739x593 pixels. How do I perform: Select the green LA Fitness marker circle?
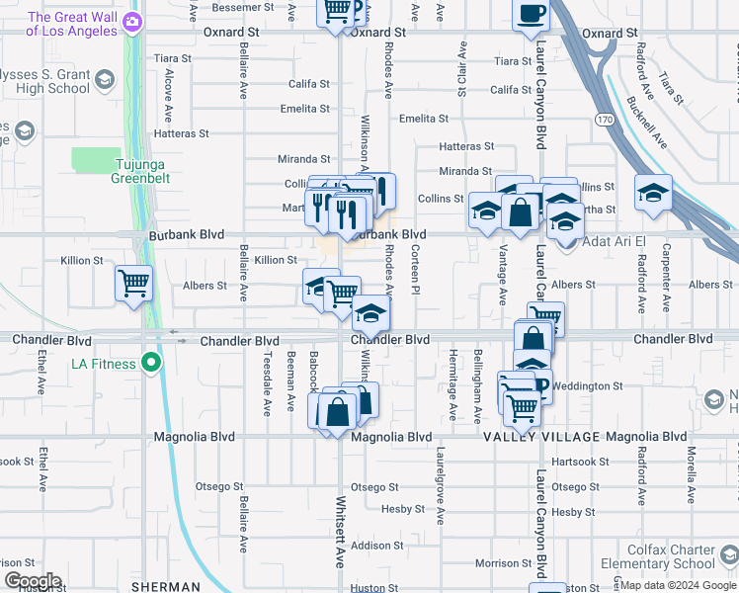tap(151, 364)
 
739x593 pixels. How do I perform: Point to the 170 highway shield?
tap(604, 119)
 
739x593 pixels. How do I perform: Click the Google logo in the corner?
tap(32, 580)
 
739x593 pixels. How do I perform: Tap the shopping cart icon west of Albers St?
tap(133, 284)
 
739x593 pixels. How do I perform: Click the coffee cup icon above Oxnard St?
tap(531, 13)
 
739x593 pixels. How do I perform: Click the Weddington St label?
tap(590, 386)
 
